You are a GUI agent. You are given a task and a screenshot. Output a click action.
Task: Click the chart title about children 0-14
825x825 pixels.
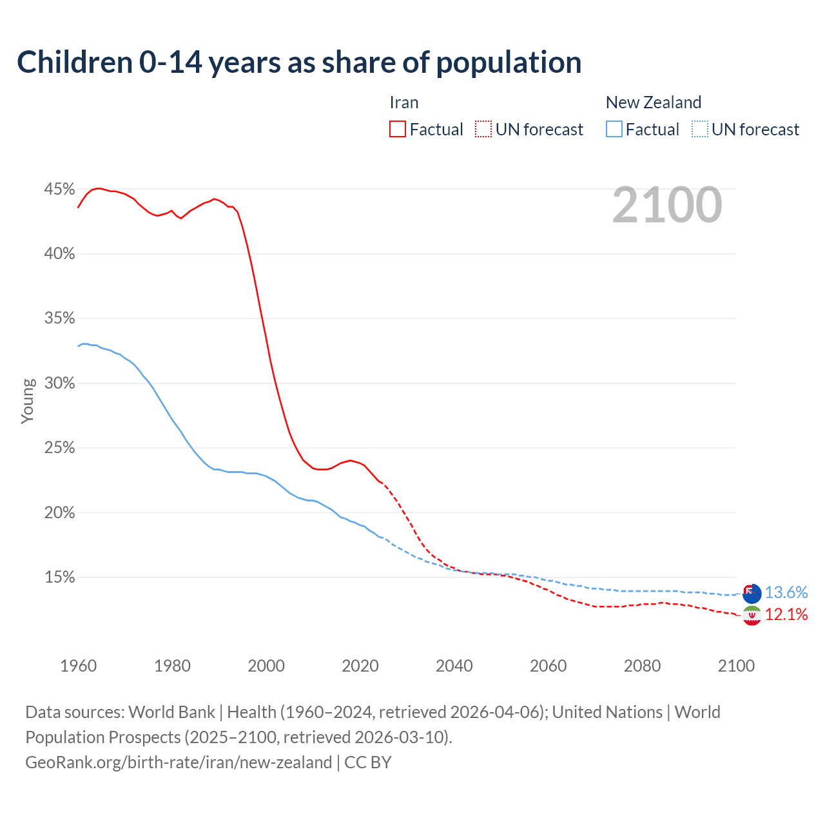299,63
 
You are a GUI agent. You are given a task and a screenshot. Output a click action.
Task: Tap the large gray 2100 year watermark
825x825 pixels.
666,205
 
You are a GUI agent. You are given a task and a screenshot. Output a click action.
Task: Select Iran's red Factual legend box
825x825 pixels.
398,130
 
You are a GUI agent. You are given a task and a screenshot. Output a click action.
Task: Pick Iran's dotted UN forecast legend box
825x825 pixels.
483,130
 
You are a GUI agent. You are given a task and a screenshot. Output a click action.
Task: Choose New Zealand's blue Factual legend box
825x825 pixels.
614,130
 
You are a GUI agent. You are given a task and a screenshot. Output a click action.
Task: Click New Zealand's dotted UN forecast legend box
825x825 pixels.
699,130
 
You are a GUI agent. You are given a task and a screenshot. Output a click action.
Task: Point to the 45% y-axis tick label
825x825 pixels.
59,189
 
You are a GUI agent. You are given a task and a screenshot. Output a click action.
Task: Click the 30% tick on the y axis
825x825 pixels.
59,383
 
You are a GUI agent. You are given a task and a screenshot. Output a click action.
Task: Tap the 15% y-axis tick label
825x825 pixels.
59,577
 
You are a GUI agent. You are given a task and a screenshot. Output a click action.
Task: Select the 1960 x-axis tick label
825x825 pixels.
79,666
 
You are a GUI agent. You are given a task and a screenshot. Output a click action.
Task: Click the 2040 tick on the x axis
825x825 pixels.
454,666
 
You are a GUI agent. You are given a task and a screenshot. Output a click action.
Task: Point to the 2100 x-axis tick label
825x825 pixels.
736,666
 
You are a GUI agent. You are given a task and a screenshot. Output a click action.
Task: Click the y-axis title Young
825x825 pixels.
28,401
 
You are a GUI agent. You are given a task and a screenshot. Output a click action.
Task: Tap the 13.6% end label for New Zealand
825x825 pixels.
786,592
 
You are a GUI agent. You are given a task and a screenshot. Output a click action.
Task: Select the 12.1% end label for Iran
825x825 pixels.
786,615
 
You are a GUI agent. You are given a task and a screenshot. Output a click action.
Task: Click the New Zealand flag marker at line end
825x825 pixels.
752,593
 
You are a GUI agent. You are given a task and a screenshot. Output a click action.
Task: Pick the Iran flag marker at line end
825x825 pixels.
752,616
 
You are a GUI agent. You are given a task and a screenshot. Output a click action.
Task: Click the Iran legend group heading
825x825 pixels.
404,102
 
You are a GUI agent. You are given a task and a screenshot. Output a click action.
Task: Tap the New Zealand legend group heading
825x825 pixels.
654,102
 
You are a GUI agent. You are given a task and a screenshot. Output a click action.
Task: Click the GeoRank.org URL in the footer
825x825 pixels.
179,762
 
